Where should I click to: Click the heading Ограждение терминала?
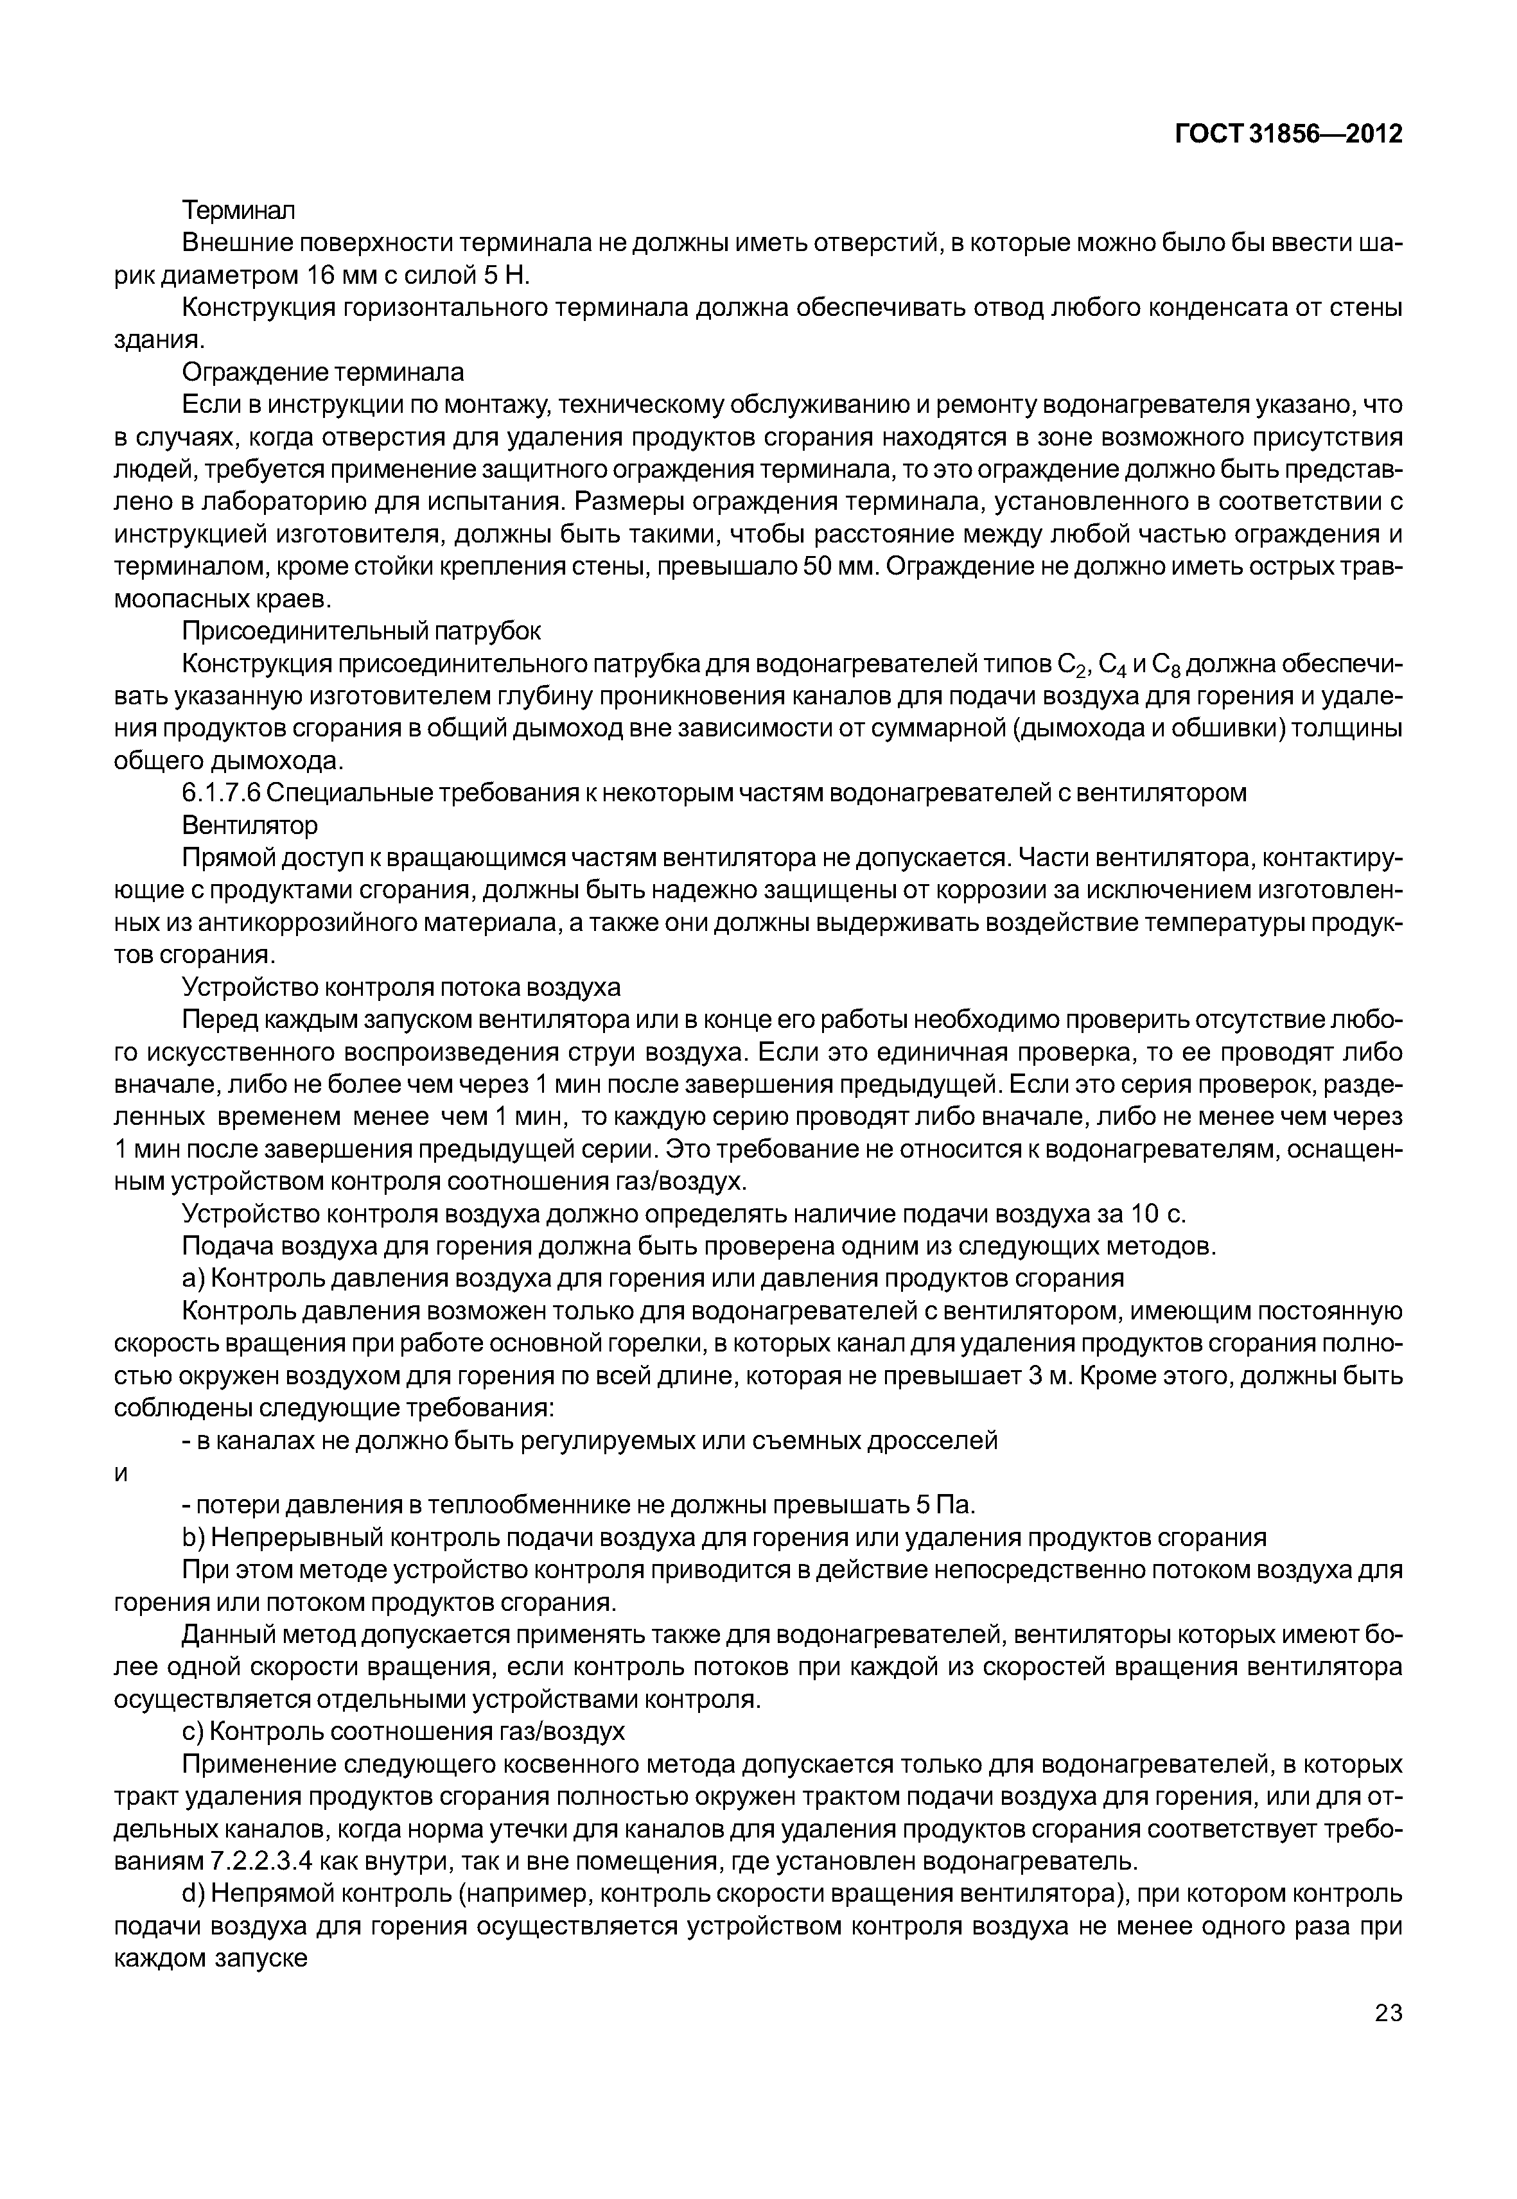322,372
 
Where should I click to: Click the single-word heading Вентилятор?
250,825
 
